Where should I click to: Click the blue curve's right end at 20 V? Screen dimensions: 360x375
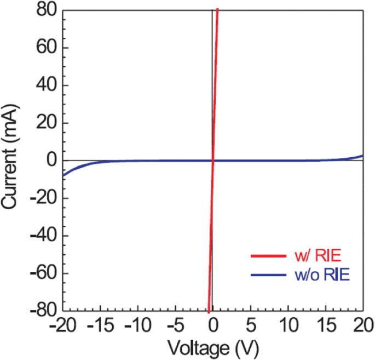(x=362, y=156)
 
